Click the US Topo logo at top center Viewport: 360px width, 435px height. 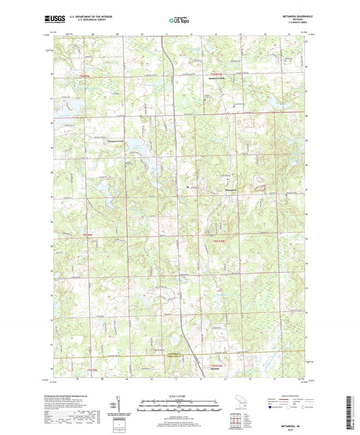178,20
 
